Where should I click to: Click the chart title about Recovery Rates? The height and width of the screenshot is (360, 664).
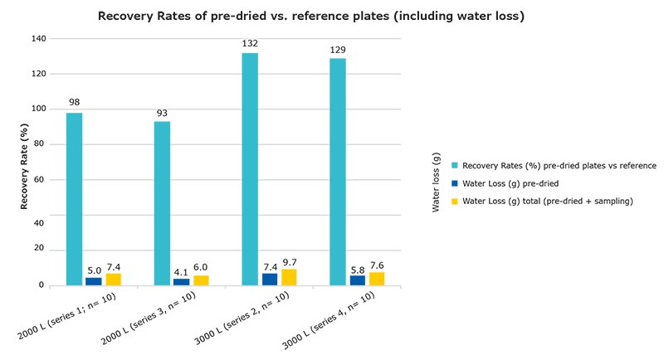click(x=311, y=16)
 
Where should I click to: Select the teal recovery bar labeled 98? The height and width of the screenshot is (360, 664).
click(x=75, y=199)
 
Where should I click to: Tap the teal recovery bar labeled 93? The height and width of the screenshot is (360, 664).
click(x=162, y=203)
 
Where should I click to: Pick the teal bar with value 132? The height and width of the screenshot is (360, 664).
click(x=250, y=169)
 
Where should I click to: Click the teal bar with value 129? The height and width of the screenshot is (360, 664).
click(x=337, y=172)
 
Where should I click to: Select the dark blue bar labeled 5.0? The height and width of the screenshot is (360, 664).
click(x=95, y=281)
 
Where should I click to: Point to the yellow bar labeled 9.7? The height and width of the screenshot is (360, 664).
click(x=289, y=277)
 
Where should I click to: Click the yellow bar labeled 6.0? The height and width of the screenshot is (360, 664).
click(x=202, y=280)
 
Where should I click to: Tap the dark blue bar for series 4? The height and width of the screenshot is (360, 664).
click(x=357, y=280)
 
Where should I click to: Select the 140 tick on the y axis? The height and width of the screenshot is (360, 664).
click(x=40, y=38)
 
